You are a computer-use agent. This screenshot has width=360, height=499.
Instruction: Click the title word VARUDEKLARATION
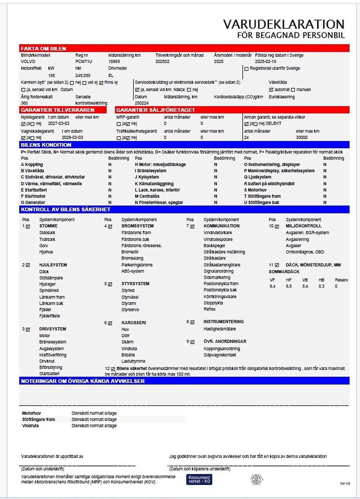pyautogui.click(x=284, y=24)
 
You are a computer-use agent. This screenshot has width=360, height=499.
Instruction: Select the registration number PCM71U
pyautogui.click(x=84, y=62)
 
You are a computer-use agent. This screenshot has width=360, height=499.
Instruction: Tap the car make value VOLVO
pyautogui.click(x=28, y=62)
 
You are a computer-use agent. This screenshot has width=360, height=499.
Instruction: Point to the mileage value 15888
pyautogui.click(x=114, y=62)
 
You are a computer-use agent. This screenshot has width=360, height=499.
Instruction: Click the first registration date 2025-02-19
pyautogui.click(x=265, y=62)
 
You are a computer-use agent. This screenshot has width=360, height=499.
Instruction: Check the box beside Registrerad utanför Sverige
pyautogui.click(x=246, y=69)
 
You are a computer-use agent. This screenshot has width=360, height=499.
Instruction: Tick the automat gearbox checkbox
pyautogui.click(x=271, y=90)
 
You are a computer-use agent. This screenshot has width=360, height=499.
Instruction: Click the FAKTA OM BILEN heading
pyautogui.click(x=43, y=49)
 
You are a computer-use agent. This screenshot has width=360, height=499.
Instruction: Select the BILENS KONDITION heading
pyautogui.click(x=46, y=145)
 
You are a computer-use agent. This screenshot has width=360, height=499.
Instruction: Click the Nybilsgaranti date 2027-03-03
pyautogui.click(x=59, y=124)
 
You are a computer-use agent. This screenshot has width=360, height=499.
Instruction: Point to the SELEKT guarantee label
pyautogui.click(x=274, y=124)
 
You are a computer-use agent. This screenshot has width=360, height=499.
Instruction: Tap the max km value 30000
pyautogui.click(x=302, y=137)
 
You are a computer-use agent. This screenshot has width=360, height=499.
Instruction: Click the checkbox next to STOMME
pyautogui.click(x=28, y=226)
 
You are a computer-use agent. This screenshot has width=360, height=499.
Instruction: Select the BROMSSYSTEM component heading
pyautogui.click(x=137, y=226)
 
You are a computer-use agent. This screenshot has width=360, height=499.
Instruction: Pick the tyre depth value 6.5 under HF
pyautogui.click(x=289, y=286)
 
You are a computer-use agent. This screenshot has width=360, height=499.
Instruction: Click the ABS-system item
pyautogui.click(x=133, y=271)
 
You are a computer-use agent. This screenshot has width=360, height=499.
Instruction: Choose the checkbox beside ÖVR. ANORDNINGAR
pyautogui.click(x=192, y=342)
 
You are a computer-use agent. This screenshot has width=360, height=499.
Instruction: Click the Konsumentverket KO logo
pyautogui.click(x=199, y=479)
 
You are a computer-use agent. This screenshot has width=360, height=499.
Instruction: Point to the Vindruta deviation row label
pyautogui.click(x=31, y=426)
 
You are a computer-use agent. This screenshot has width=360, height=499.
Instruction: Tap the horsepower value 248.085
pyautogui.click(x=83, y=76)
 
